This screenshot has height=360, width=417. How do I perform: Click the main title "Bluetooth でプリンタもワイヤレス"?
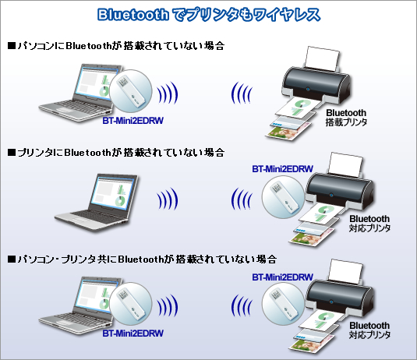209,15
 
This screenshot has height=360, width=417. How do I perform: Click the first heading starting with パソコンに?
116,46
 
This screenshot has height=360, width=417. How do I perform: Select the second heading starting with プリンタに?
116,153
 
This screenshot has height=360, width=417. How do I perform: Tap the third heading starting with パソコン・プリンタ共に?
143,259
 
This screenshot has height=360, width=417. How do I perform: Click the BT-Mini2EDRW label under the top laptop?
133,121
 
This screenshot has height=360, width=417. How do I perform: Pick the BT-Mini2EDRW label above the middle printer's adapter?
282,169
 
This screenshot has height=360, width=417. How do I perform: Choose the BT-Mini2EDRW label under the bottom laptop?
133,334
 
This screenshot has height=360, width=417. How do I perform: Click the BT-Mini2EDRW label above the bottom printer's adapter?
282,277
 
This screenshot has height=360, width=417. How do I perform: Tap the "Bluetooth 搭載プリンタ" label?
346,117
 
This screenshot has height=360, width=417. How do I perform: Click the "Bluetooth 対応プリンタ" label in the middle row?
369,224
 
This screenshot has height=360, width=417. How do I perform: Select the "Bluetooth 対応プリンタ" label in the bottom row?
369,330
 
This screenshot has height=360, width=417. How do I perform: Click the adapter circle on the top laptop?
131,91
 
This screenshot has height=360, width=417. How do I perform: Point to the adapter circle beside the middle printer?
283,197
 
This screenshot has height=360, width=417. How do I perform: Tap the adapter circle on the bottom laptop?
131,304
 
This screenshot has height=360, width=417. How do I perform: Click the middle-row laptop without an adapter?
97,203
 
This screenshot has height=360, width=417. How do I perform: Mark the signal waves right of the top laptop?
168,93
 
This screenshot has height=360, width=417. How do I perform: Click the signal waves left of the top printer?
241,93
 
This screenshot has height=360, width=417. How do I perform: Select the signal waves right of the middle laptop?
168,199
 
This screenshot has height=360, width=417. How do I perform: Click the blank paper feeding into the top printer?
323,58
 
